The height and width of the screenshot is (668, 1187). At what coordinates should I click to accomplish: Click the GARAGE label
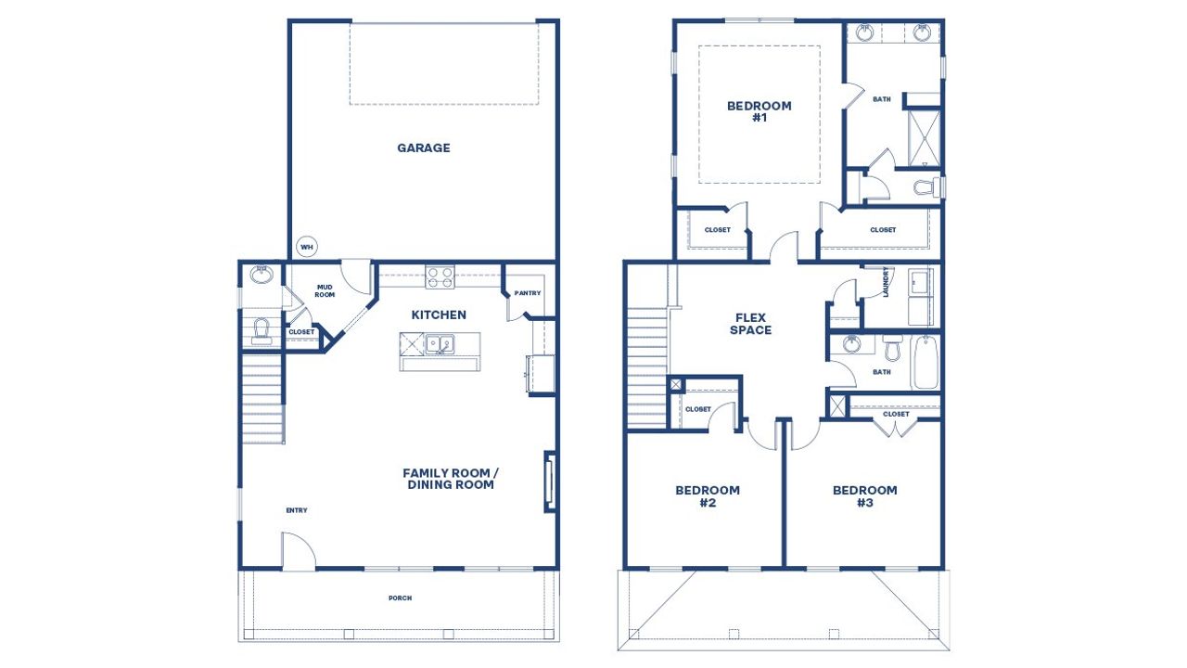point(424,148)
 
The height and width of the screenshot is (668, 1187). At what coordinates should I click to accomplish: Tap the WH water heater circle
point(306,247)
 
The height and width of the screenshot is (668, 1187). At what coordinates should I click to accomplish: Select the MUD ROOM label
point(325,291)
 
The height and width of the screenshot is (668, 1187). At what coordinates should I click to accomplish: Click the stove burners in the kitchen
point(440,276)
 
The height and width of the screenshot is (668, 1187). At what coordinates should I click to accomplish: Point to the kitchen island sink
point(440,344)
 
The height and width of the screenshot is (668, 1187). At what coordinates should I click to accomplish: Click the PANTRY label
point(527,293)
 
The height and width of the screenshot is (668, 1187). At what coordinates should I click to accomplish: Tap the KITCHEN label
point(439,315)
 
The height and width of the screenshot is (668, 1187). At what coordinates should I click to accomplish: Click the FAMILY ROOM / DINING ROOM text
point(448,479)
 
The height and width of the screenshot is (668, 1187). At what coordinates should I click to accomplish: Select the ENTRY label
point(297,510)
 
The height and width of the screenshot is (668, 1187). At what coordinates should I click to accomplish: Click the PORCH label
point(401,598)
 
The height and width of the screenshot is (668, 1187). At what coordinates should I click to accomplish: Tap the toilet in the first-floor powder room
point(261,330)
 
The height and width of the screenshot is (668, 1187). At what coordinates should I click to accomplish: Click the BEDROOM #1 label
point(759,111)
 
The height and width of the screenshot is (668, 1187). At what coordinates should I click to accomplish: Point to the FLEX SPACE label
point(750,324)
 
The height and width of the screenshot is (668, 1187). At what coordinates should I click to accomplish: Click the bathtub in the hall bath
point(925,362)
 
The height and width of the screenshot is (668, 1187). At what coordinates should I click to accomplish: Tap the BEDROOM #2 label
point(707,496)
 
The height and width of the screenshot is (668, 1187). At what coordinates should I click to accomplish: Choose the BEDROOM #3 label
point(864,496)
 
